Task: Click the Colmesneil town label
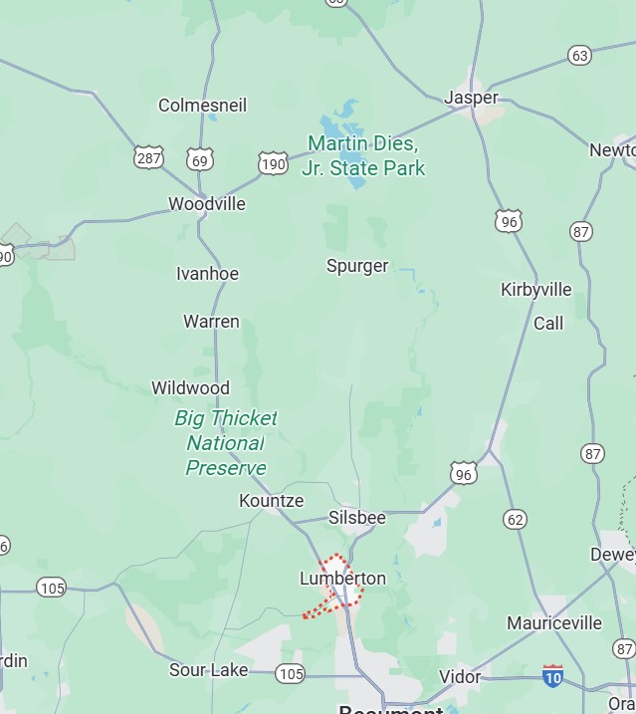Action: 202,105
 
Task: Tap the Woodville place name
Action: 206,204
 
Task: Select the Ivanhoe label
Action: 207,274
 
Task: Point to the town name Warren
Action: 211,322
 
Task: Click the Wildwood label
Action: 190,388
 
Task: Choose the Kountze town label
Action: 271,501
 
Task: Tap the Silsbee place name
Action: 356,518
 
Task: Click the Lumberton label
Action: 342,579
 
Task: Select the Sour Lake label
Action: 208,670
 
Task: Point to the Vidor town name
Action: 460,677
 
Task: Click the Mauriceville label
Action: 554,623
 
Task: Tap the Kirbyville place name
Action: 535,290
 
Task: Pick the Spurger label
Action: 357,266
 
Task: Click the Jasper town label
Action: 471,98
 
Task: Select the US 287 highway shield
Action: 148,157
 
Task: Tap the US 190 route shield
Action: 273,163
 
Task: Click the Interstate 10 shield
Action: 552,676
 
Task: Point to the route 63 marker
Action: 580,56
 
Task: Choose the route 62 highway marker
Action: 515,519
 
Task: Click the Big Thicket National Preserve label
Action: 226,443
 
